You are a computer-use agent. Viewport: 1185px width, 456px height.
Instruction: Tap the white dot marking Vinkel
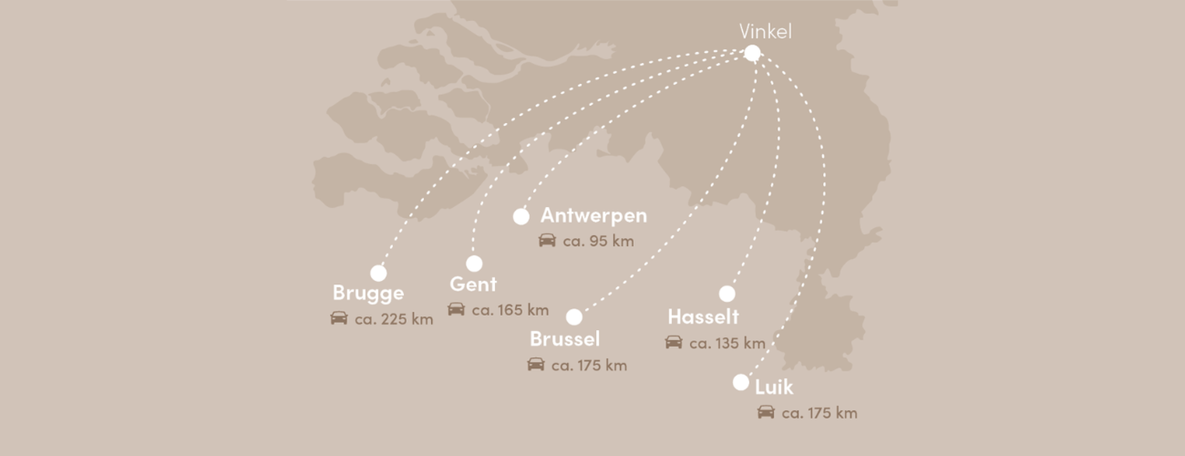(752, 53)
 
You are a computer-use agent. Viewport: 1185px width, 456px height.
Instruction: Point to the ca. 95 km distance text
(598, 241)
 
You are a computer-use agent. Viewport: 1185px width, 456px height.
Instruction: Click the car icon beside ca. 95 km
(547, 240)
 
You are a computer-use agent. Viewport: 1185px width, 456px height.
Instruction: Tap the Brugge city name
(368, 293)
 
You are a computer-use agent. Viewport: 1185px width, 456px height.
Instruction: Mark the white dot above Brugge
(379, 273)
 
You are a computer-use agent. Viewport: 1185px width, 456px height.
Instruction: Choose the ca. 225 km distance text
(394, 319)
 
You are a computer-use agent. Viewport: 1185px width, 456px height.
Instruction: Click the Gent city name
(473, 284)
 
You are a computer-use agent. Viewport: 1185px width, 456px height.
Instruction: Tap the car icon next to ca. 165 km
(456, 309)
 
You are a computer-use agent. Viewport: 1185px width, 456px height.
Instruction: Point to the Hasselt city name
(703, 316)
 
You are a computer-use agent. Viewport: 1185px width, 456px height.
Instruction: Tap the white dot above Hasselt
(727, 294)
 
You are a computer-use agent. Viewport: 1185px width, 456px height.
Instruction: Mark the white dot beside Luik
(741, 382)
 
